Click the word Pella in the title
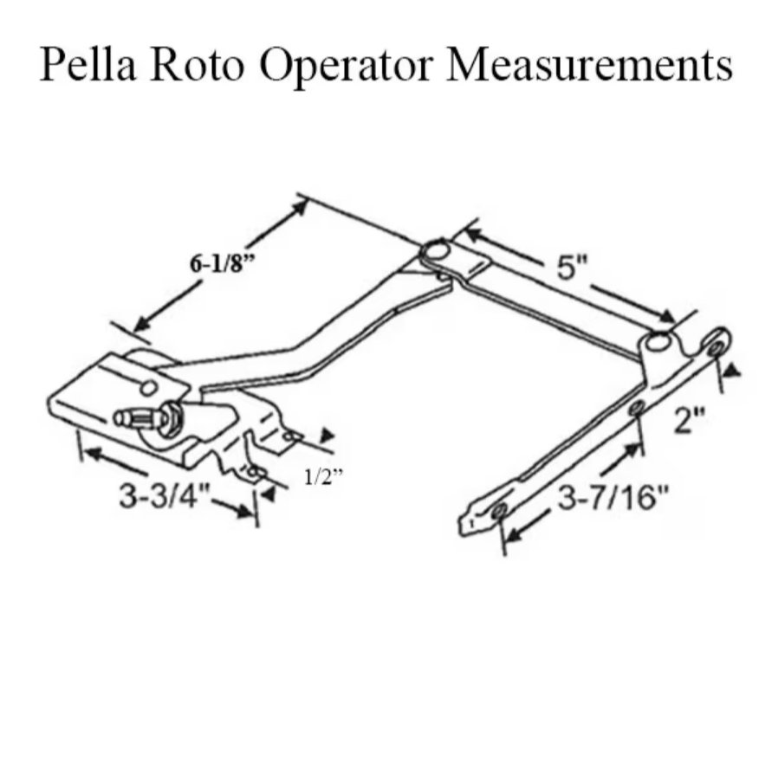pos(88,64)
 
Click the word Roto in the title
pos(198,65)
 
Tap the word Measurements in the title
pos(589,65)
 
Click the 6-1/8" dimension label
pos(222,263)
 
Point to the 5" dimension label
pos(572,268)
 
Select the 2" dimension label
pos(690,421)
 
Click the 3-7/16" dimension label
pos(613,497)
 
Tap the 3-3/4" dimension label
pos(165,495)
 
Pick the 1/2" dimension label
pos(323,477)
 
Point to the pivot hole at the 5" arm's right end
pos(658,343)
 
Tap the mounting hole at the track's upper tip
pos(715,349)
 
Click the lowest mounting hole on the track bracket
pos(499,511)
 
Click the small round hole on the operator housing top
pos(148,388)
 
